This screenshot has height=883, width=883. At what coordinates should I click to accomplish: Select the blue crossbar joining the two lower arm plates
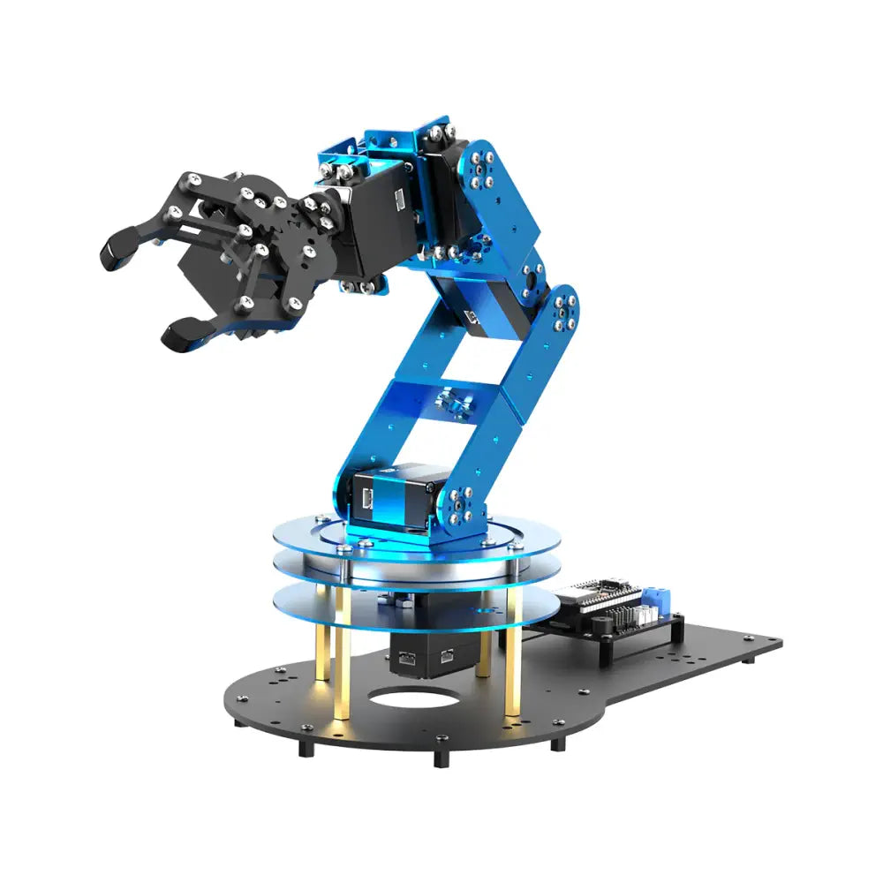(447, 394)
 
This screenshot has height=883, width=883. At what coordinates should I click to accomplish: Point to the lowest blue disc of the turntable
(415, 605)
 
